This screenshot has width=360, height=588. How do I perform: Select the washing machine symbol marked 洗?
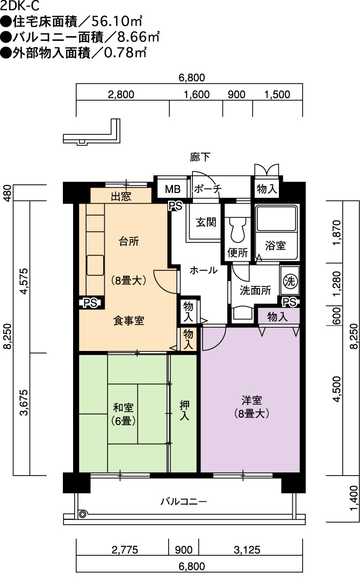pos(290,281)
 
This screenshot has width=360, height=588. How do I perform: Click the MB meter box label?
pos(173,189)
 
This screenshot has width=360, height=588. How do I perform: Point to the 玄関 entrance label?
pos(206,222)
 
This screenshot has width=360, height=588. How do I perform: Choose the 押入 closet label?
pos(184,410)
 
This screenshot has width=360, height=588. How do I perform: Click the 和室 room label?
pos(124,407)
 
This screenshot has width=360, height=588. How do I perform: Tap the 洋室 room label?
pos(251,400)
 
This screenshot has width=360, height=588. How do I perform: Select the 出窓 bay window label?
pos(121,197)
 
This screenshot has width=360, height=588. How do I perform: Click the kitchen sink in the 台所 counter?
pos(95,265)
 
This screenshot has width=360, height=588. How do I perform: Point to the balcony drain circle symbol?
pos(83,514)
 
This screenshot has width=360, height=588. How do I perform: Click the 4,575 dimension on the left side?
pos(24,281)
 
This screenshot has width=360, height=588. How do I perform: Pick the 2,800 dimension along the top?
pos(121,95)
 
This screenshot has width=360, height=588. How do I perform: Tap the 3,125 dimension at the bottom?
pos(247,550)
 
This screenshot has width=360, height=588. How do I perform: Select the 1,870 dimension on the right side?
pos(337,233)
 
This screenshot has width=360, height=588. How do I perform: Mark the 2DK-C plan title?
pos(20,5)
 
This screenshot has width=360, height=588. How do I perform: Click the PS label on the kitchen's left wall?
pos(90,303)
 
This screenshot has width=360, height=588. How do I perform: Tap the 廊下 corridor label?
pos(200,157)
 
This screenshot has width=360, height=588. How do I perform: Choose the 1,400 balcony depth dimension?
pos(354,498)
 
